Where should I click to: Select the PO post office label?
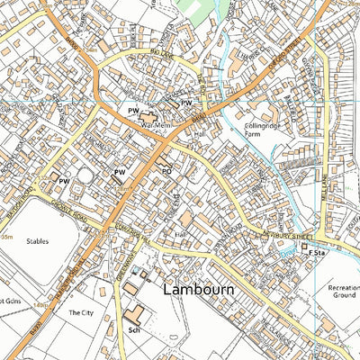click(x=166, y=168)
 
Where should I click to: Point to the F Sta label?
click(x=316, y=255)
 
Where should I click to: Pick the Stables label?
click(x=37, y=242)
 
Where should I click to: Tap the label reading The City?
click(x=79, y=313)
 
